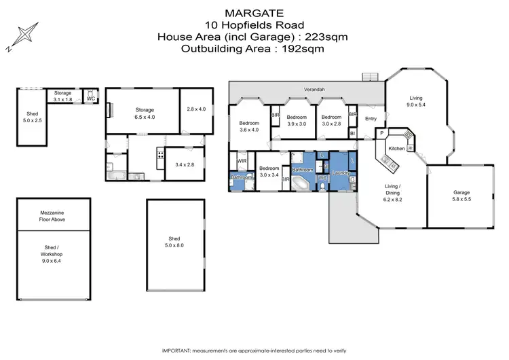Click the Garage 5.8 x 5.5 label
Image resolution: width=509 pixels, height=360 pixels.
[466, 196]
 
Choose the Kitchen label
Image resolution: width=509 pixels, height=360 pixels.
[396, 147]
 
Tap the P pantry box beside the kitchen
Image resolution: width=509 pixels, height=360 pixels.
[382, 133]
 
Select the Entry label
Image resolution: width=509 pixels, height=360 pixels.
[371, 120]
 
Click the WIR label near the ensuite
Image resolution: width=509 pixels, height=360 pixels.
[242, 161]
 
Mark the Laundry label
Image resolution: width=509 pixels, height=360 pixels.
[341, 173]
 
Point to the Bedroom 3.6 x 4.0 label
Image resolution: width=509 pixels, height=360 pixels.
[249, 126]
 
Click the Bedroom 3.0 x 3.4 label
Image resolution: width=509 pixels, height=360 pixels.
[269, 171]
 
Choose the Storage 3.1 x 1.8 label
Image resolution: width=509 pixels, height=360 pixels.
[63, 96]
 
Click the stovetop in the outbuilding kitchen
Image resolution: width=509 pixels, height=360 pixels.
[160, 154]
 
